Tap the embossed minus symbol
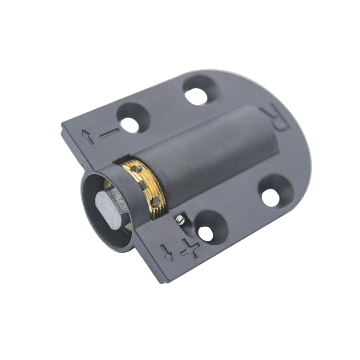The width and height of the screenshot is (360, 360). (x=110, y=133)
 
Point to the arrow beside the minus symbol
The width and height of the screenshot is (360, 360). (x=88, y=137)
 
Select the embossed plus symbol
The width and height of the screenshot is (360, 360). (x=190, y=249)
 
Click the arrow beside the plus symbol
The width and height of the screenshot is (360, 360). (x=166, y=252)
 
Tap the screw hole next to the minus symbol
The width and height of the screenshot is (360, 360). (x=130, y=125)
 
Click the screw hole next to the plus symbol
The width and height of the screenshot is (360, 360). (x=206, y=234)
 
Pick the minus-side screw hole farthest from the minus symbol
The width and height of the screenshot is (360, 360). (x=196, y=96)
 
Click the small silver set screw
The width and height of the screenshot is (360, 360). (x=180, y=220)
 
